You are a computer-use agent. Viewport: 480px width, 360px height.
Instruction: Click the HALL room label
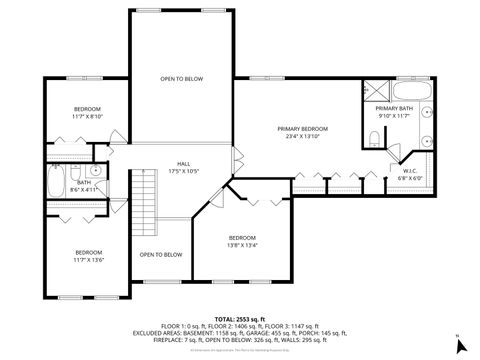[x=184, y=163]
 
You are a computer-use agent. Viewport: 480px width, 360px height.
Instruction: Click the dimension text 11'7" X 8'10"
[x=88, y=116]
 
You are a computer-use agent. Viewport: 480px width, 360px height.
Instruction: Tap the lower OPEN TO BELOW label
[x=160, y=254]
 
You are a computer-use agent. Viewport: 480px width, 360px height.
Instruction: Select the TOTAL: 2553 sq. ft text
[x=240, y=317]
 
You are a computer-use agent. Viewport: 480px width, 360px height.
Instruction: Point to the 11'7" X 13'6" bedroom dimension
[x=88, y=260]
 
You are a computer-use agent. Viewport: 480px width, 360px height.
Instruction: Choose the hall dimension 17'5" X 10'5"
[x=184, y=170]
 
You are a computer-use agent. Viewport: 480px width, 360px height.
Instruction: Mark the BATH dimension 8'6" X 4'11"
[x=83, y=188]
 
